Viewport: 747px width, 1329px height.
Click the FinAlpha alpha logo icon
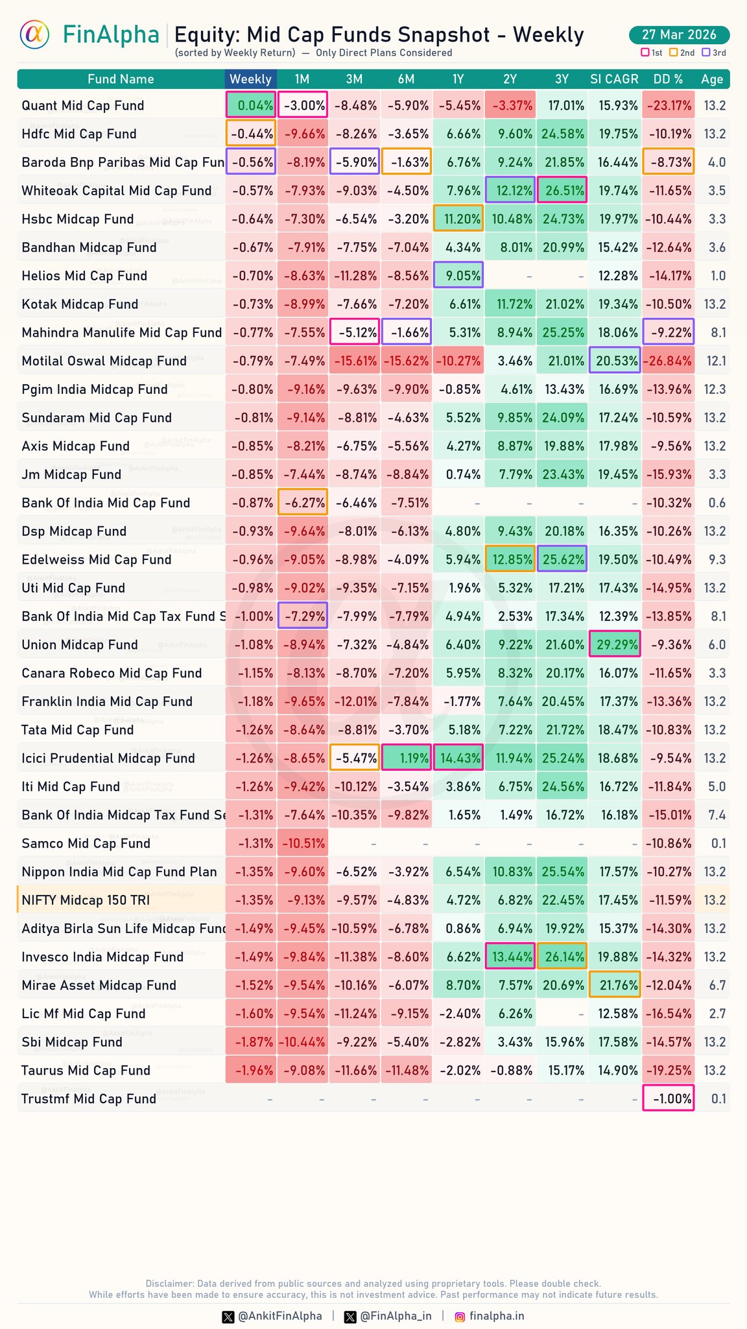click(34, 34)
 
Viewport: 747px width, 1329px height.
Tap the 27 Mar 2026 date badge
click(679, 35)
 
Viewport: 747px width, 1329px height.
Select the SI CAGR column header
click(614, 79)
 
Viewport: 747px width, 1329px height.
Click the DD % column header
click(668, 79)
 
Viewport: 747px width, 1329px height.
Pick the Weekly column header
click(250, 79)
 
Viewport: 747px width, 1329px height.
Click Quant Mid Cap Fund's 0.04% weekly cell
click(251, 105)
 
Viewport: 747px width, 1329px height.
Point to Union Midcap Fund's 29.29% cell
click(614, 644)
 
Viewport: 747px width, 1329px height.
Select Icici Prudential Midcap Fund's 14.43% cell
click(458, 758)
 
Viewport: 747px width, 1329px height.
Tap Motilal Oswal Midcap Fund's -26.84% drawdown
click(668, 361)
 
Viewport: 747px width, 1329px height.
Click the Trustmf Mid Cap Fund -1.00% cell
click(668, 1099)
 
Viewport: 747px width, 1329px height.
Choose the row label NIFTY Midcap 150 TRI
click(86, 900)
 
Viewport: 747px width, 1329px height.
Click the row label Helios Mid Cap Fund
click(84, 276)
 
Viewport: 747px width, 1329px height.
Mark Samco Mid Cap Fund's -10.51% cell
click(303, 843)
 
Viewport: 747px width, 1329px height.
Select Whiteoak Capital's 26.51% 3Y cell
click(562, 191)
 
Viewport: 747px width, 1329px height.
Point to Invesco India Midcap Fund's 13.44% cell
click(510, 957)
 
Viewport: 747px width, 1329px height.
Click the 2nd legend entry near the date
click(682, 53)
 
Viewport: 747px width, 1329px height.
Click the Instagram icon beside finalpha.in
click(460, 1317)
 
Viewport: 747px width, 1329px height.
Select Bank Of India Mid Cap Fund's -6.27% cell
click(303, 503)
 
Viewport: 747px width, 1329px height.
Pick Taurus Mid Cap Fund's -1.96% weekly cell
click(251, 1070)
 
